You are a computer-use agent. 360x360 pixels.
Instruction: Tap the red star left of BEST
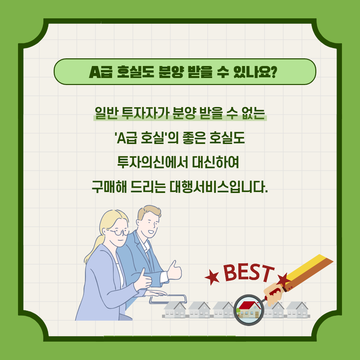212,277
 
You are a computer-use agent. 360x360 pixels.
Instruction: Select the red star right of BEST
284,280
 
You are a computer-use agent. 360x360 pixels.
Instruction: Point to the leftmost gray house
174,310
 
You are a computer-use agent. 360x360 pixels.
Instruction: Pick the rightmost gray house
298,310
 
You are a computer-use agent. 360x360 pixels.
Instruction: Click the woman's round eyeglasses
119,232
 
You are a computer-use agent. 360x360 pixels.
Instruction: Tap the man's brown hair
148,212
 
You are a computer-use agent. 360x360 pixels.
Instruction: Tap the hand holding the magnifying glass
273,294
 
